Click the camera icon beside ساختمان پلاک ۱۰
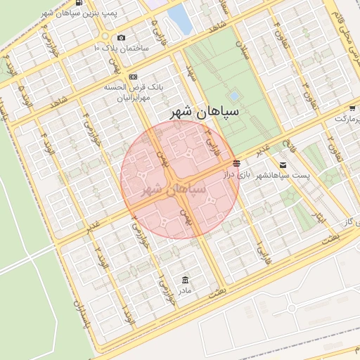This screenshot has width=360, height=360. point(122,38)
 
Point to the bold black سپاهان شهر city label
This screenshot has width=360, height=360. point(209,112)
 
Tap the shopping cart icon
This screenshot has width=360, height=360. point(352,108)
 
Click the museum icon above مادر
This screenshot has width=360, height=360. point(185,279)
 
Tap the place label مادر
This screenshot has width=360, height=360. point(184,290)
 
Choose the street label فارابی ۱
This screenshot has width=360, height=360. point(257,250)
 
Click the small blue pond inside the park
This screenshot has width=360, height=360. point(233,96)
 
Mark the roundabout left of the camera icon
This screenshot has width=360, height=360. point(105,37)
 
